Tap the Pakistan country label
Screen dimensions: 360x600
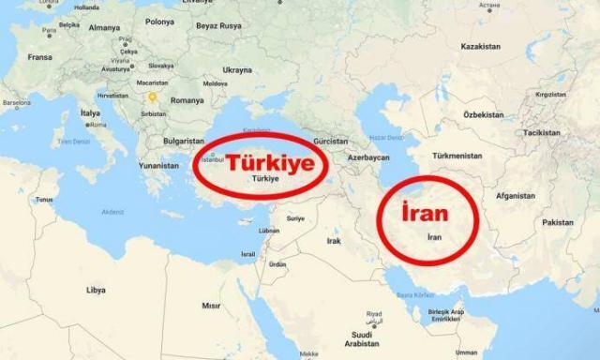point(558,222)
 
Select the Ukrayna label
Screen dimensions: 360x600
point(237,69)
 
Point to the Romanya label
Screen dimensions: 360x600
point(187,99)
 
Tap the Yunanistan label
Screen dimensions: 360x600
point(157,165)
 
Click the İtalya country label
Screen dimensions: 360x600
point(91,112)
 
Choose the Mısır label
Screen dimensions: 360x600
point(211,306)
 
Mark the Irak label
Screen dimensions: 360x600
point(333,240)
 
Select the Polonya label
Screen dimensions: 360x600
point(159,21)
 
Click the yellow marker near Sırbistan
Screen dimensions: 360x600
point(151,94)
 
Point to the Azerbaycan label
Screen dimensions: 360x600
point(370,157)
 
